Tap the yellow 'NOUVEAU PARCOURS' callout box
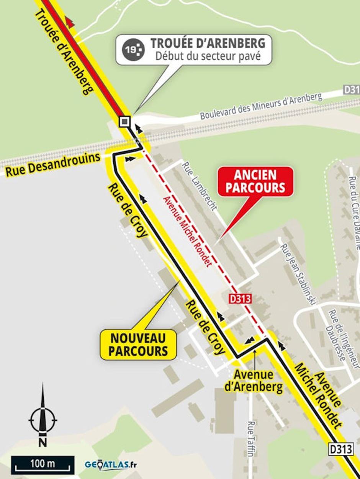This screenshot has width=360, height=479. point(138,345)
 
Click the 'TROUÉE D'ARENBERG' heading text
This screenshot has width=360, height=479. point(208,43)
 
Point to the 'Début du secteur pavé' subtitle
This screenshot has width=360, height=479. point(208,56)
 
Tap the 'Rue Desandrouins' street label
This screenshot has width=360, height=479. point(52,163)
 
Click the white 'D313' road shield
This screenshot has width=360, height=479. point(340,449)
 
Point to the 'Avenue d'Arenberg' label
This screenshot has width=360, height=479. point(254,381)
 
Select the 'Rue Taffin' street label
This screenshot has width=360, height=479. point(251,439)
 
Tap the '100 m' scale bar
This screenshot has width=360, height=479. point(43,464)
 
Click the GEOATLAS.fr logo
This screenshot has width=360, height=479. point(111,465)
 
